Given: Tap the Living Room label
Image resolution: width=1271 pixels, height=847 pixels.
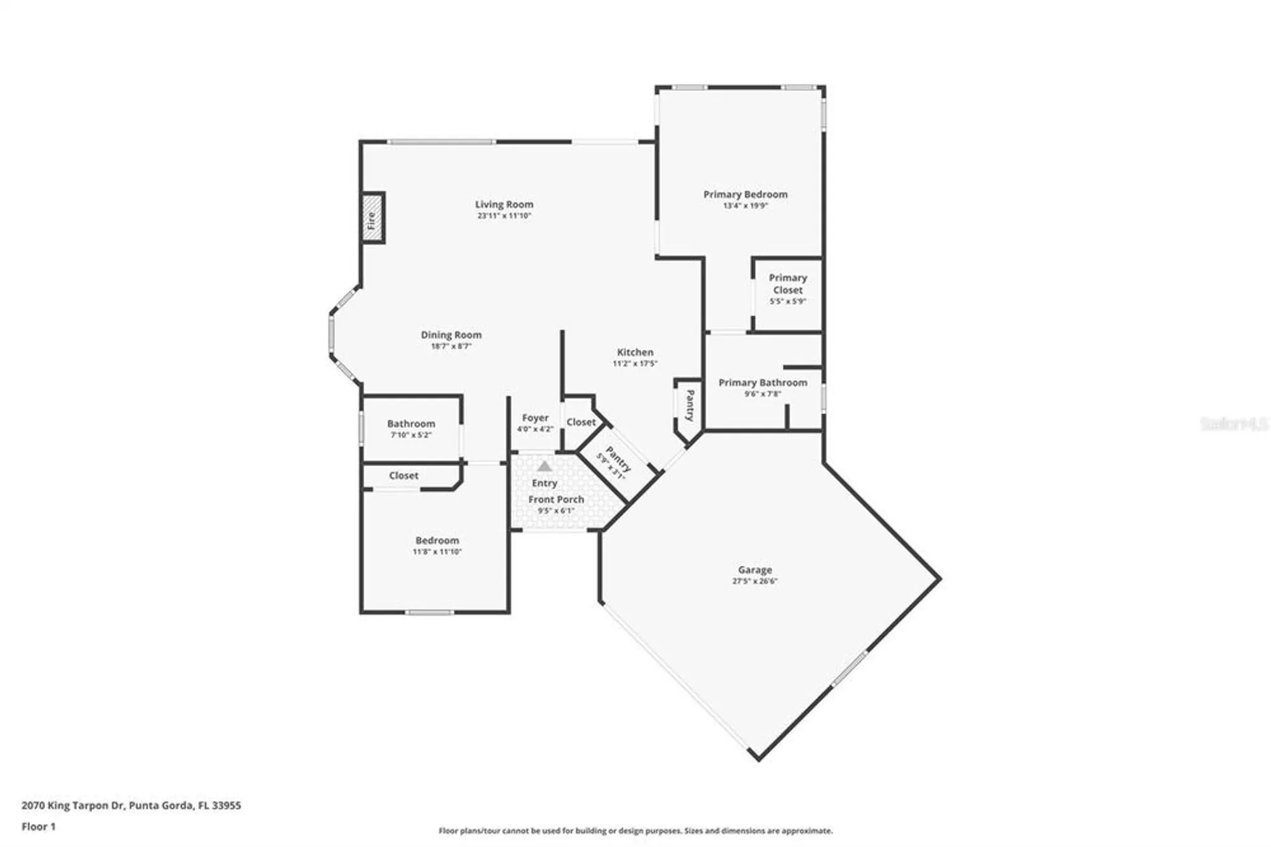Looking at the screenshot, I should point(504,204).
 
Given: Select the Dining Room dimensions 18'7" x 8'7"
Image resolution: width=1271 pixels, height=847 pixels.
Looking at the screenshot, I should point(451,347).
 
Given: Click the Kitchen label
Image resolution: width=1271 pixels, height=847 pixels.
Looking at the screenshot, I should point(635,352).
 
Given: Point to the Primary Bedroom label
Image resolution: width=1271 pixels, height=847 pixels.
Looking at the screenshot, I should point(745,195).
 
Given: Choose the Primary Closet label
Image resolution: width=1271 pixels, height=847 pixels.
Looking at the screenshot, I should point(787,284).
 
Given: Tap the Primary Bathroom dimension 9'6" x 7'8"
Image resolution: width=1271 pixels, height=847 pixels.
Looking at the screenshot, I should point(763,394).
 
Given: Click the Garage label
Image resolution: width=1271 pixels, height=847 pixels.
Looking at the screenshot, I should point(755,570).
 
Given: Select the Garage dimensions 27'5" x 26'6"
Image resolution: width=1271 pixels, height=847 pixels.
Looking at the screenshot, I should point(754,581).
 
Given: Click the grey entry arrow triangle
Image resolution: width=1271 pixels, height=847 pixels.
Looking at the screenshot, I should point(545,466).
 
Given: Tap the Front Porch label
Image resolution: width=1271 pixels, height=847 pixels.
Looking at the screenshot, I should point(556,500).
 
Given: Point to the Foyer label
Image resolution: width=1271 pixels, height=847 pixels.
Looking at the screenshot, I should point(535,418).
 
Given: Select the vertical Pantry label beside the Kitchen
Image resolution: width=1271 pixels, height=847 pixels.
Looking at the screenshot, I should point(690,406).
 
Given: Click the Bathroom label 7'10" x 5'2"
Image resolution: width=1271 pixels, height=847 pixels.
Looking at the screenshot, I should point(411,423).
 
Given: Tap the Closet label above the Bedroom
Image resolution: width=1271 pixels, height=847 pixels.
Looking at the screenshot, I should point(404,476).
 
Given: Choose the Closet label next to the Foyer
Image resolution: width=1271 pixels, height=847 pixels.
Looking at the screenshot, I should point(581,422).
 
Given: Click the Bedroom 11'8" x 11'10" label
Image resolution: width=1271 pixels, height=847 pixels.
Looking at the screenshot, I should point(437,541).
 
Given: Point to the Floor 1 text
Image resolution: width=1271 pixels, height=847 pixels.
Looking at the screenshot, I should point(39,827).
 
